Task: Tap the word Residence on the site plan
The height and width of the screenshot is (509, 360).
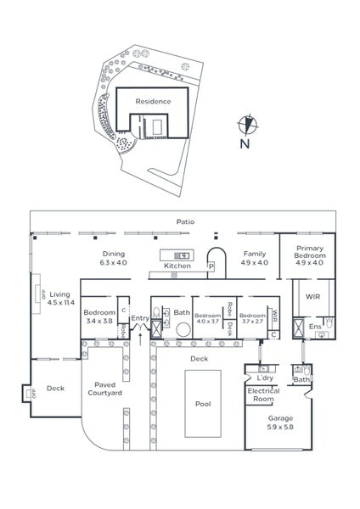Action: click(x=153, y=101)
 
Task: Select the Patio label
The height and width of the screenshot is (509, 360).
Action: click(x=185, y=221)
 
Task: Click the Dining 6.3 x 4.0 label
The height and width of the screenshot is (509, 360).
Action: click(x=114, y=258)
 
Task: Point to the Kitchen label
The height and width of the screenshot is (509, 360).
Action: click(x=177, y=266)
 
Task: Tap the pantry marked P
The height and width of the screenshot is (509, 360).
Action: click(x=211, y=266)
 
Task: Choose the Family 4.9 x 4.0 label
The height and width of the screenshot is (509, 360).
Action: click(x=254, y=258)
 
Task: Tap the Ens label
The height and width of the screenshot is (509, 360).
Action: click(x=314, y=325)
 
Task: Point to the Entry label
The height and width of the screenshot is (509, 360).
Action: click(x=139, y=318)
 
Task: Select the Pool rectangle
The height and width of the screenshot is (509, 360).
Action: click(x=203, y=404)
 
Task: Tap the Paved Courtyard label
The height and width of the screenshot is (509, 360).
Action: click(x=107, y=389)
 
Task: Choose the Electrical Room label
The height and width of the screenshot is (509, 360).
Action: click(x=262, y=394)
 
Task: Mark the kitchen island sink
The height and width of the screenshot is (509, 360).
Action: click(x=181, y=254)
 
